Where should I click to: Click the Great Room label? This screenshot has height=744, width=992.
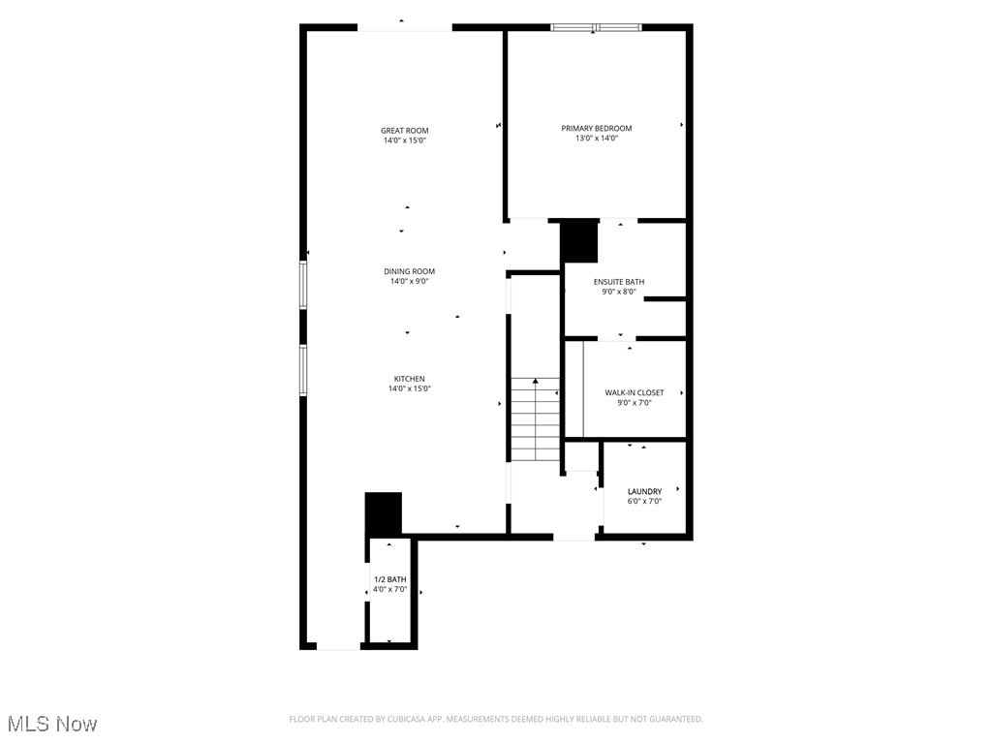(404, 130)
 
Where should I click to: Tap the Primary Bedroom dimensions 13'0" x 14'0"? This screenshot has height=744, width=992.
(596, 139)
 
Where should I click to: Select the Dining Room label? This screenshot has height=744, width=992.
(409, 271)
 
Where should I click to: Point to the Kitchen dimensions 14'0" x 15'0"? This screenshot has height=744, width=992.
(409, 388)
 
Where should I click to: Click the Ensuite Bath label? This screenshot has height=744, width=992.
(618, 282)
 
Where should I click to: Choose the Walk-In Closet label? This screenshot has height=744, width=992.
(635, 392)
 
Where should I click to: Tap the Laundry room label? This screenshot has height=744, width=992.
(644, 491)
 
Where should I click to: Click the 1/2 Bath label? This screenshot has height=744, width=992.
(389, 578)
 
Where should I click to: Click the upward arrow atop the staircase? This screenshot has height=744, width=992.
(535, 382)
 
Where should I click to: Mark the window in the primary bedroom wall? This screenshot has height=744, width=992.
(596, 27)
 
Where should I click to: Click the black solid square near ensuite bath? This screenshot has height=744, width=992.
(579, 242)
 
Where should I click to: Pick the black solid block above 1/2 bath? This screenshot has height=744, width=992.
(383, 513)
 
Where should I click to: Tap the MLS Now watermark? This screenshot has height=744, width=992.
(52, 724)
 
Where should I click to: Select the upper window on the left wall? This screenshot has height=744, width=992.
(303, 284)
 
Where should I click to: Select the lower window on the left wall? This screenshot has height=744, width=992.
(303, 370)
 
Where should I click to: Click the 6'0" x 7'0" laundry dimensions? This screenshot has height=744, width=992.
(644, 501)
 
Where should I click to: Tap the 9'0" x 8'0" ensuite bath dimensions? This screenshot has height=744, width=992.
(618, 292)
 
